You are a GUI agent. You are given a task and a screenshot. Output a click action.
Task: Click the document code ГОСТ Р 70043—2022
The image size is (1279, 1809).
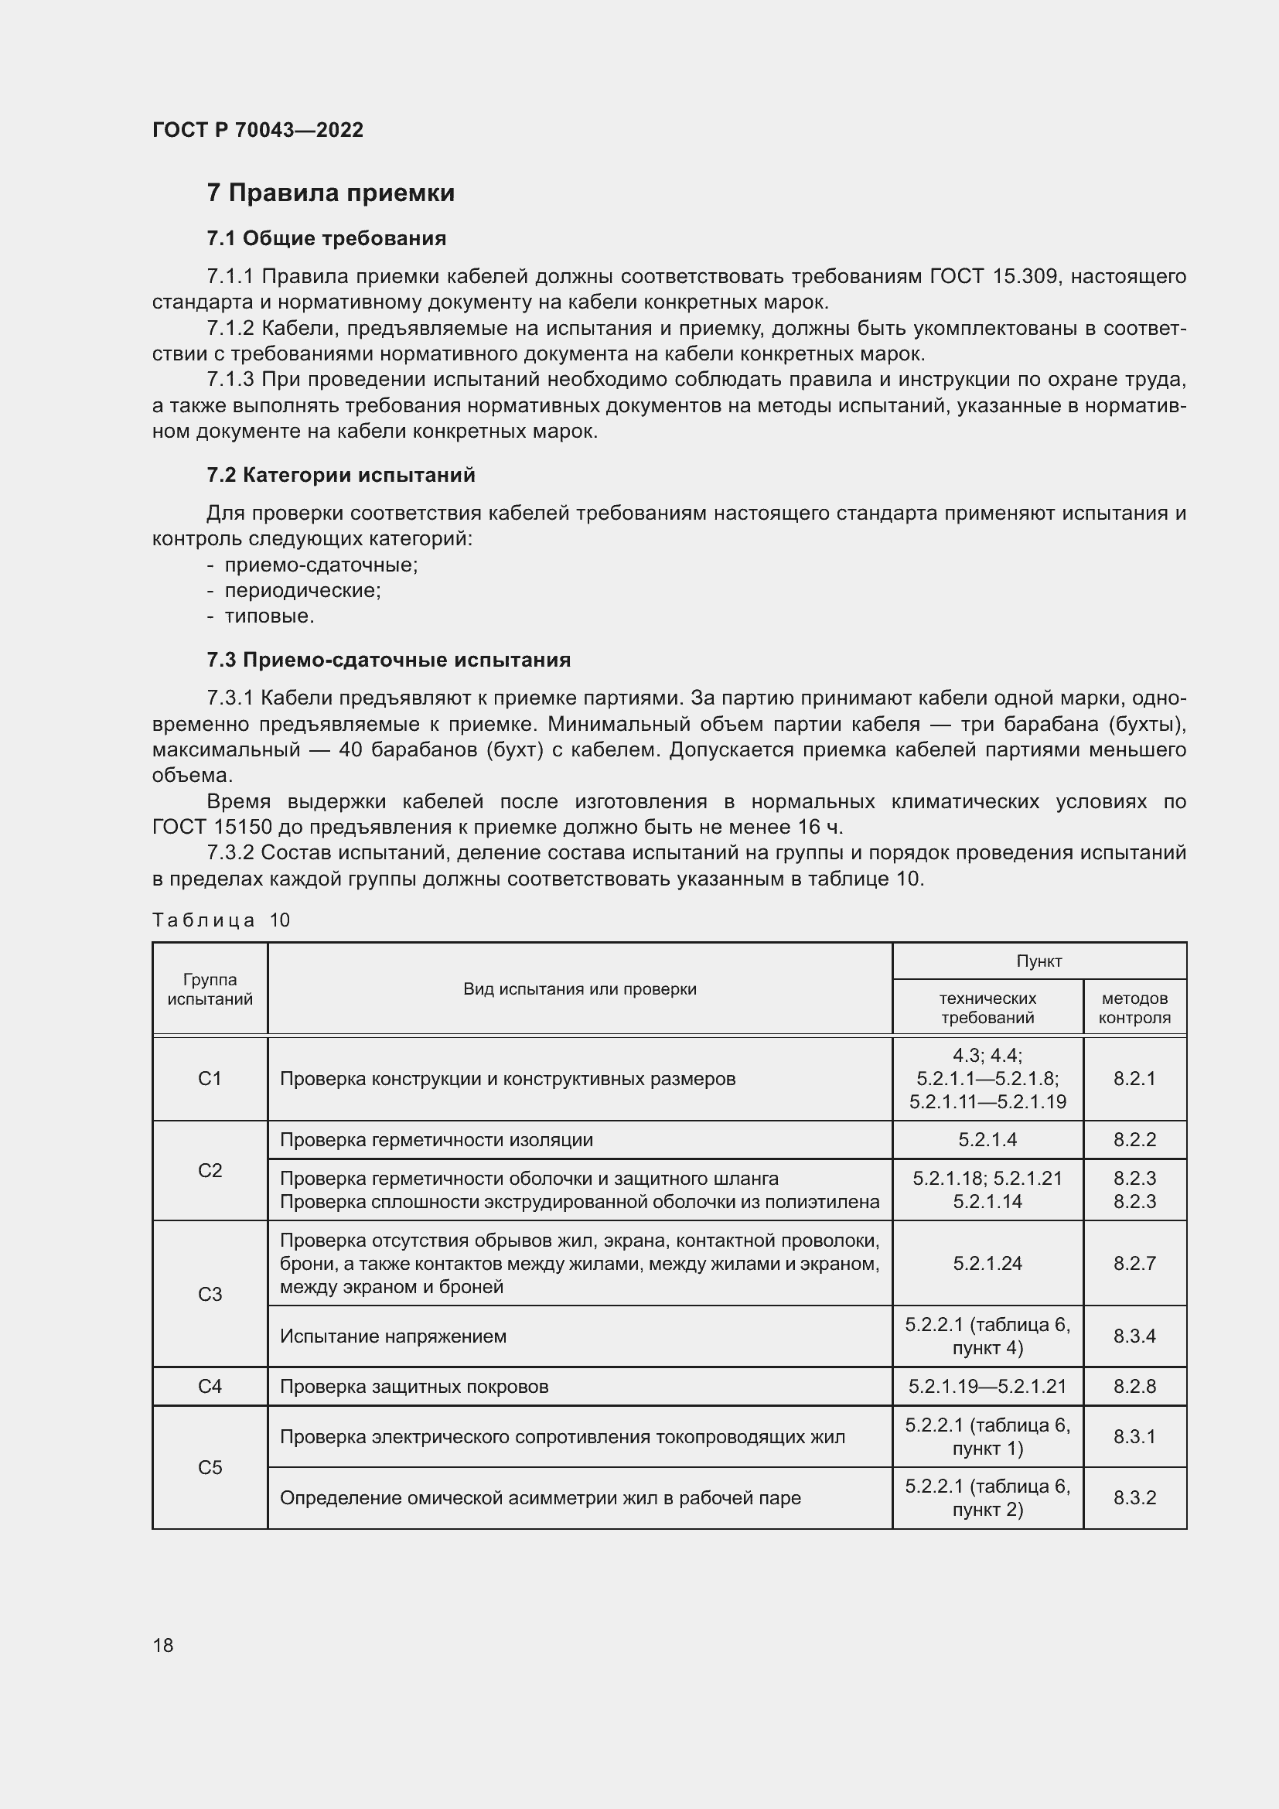(258, 130)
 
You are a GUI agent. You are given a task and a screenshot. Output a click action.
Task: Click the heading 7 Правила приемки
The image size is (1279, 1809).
(331, 193)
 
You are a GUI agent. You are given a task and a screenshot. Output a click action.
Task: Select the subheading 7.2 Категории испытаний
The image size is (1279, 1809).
(341, 475)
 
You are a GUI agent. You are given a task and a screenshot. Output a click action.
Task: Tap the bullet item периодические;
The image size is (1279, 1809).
(302, 590)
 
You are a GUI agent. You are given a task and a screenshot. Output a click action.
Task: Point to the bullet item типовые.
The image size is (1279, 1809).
(269, 616)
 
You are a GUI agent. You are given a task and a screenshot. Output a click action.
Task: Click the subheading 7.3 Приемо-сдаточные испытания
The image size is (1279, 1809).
(389, 660)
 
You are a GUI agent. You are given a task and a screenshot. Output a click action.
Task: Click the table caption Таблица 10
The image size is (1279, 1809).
(221, 920)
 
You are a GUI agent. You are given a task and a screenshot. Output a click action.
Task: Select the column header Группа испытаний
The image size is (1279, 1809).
(210, 990)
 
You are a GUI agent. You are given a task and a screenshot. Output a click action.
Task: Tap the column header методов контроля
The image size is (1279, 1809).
(1134, 1008)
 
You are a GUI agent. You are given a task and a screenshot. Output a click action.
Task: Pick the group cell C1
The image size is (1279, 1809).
(210, 1079)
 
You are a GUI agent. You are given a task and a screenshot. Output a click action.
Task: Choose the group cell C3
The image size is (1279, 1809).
(210, 1294)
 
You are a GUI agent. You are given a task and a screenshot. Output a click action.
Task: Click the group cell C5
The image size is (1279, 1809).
(210, 1467)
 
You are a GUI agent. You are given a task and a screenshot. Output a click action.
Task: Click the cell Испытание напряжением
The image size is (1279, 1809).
(393, 1336)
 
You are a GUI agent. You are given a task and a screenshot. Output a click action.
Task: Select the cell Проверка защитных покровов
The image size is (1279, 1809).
(414, 1387)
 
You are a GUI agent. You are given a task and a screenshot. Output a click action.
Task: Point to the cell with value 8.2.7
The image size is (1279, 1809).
(1134, 1264)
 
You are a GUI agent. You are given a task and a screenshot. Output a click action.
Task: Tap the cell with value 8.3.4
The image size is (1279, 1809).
(1134, 1336)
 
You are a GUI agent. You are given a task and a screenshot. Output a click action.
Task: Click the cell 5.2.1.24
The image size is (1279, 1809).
(987, 1264)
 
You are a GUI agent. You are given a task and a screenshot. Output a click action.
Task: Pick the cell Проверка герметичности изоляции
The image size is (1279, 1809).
(436, 1140)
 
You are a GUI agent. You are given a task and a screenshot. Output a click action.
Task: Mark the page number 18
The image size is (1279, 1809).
(163, 1645)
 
